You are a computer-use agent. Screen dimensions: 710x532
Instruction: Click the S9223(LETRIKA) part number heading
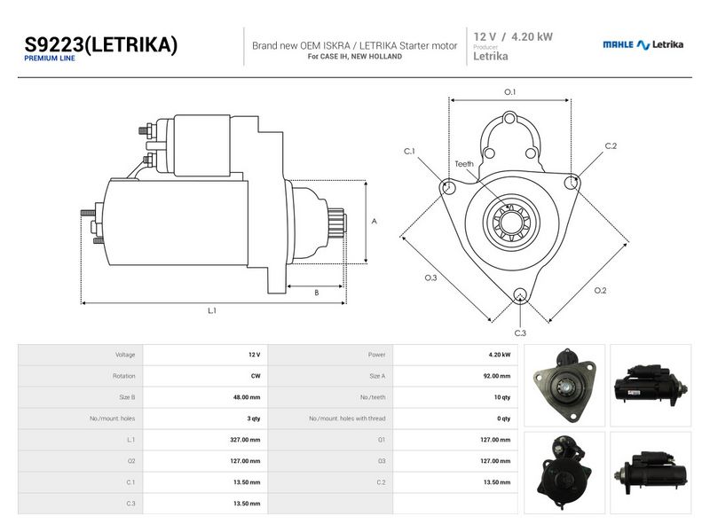click(x=100, y=45)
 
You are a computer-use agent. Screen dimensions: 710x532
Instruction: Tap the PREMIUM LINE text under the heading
click(x=50, y=59)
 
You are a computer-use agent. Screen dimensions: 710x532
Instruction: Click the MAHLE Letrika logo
click(x=643, y=44)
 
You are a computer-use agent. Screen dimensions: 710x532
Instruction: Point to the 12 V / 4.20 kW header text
click(x=513, y=36)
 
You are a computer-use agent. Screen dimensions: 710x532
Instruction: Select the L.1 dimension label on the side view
click(x=212, y=311)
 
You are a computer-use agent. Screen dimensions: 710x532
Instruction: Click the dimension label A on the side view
click(x=374, y=221)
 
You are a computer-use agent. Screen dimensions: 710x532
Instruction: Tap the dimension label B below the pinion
click(x=317, y=293)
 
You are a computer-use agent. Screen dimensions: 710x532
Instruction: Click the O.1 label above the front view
click(x=509, y=92)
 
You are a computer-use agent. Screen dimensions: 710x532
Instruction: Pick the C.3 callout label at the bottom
click(x=520, y=333)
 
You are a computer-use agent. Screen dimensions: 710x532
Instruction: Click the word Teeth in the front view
click(x=464, y=164)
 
